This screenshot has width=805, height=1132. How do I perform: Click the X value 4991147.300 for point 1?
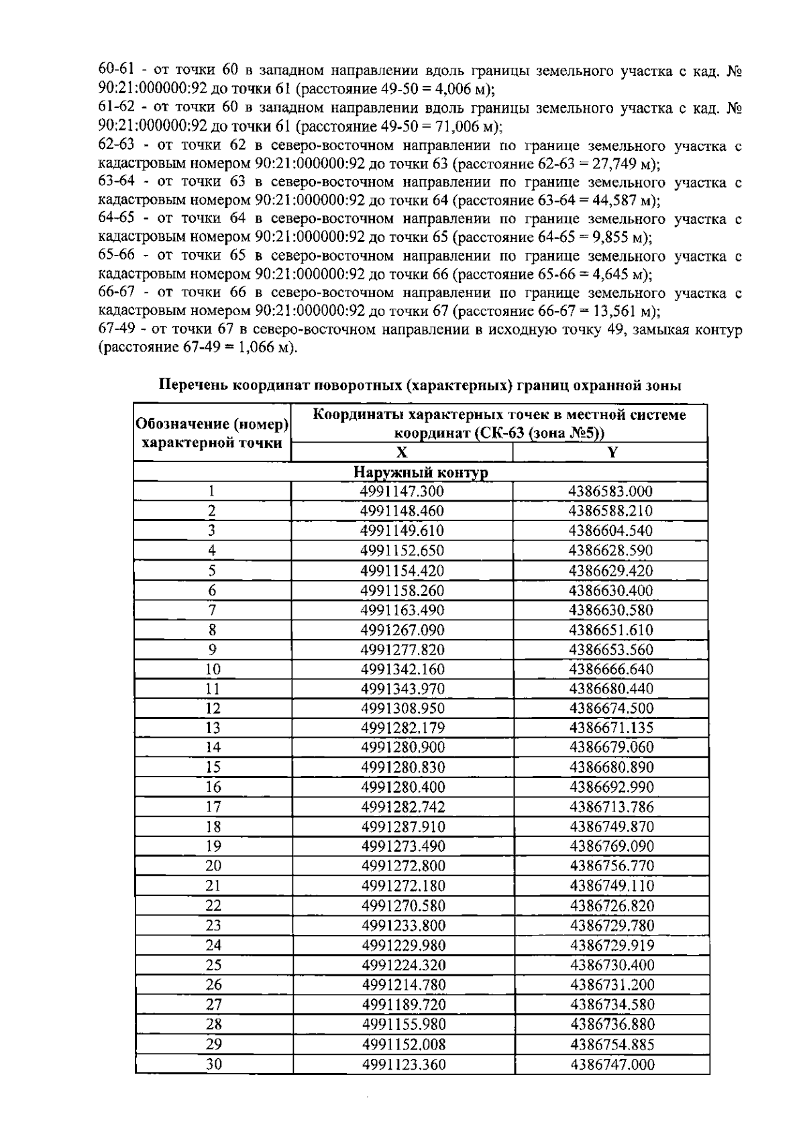[x=402, y=492]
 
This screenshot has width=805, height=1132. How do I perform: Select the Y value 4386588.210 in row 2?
[x=610, y=511]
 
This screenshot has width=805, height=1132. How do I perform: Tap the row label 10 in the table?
[x=213, y=669]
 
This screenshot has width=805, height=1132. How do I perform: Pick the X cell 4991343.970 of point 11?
[x=402, y=689]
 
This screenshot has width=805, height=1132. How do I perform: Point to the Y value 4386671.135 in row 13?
[x=611, y=728]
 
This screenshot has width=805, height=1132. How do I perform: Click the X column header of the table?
[x=402, y=453]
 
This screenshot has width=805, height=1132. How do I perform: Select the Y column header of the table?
[x=611, y=453]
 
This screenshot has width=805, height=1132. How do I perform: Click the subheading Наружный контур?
[x=421, y=473]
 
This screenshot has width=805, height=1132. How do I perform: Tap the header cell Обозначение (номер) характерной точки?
[x=213, y=433]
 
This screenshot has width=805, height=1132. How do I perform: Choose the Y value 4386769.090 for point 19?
[x=611, y=846]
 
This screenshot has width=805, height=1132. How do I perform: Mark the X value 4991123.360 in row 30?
[x=403, y=1064]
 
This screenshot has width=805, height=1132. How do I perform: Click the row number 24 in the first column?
[x=213, y=946]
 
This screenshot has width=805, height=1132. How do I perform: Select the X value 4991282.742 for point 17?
[x=402, y=807]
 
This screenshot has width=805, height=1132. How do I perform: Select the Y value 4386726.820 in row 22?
[x=611, y=906]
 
